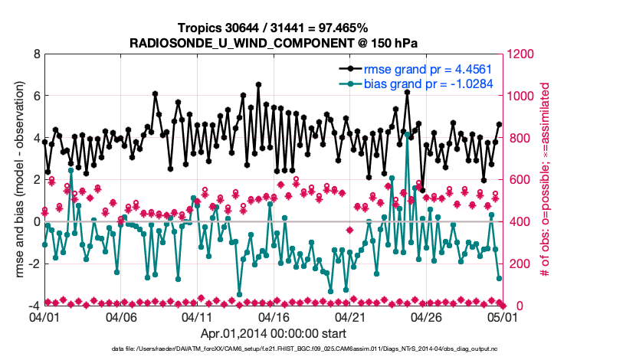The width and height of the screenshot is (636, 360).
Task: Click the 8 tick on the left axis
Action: (35, 55)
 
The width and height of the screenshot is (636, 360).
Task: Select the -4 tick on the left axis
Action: (33, 306)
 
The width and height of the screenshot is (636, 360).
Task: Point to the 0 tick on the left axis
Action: (35, 222)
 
